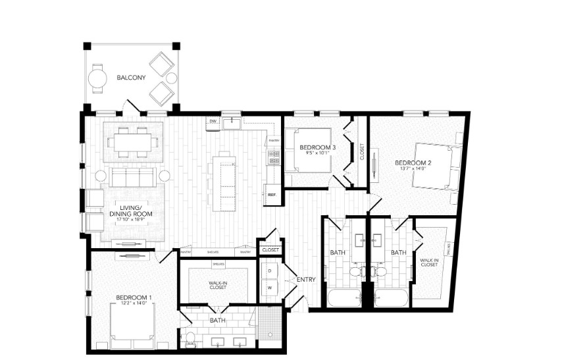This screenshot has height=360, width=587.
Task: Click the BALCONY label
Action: click(x=131, y=78)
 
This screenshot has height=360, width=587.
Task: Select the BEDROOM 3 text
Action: click(x=318, y=147)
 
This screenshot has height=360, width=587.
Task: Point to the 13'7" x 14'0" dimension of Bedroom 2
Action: click(x=413, y=168)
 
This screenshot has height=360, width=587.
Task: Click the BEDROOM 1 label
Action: click(x=134, y=297)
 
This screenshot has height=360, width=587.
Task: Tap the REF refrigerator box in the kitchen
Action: click(x=272, y=194)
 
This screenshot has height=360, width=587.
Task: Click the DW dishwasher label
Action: click(x=213, y=122)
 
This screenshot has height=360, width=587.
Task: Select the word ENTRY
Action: click(x=306, y=280)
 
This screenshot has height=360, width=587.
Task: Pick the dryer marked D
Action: click(x=270, y=270)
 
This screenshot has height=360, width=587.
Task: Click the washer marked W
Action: click(x=270, y=288)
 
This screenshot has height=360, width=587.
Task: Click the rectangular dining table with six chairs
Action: click(x=133, y=141)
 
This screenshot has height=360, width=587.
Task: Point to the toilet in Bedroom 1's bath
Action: click(x=190, y=339)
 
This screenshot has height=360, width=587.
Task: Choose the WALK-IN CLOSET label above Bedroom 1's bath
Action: click(x=218, y=285)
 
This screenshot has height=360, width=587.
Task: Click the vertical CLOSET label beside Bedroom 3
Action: click(x=362, y=152)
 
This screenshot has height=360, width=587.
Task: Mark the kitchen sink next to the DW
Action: click(x=232, y=122)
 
